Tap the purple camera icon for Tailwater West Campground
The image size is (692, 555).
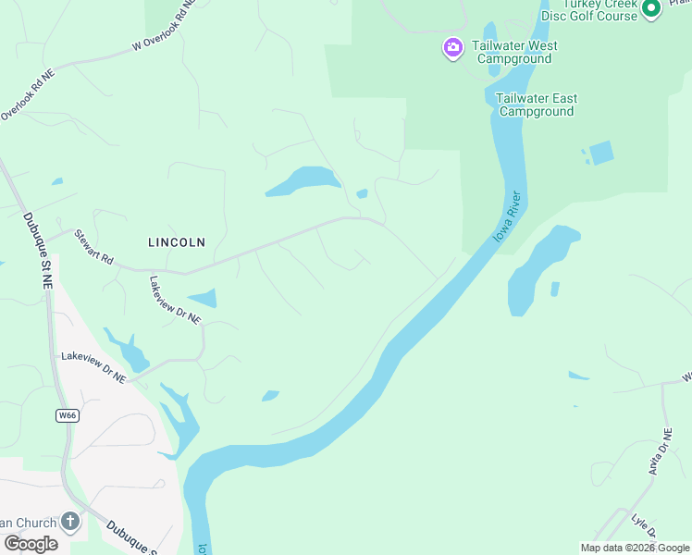click(x=452, y=47)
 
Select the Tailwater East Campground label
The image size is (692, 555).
click(x=536, y=105)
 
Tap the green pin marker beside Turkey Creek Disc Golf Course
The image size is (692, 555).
click(x=650, y=8)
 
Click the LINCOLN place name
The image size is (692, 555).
click(x=177, y=242)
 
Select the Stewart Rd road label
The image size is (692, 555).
click(x=93, y=247)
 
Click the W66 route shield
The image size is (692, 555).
click(x=66, y=415)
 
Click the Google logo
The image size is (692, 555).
click(x=30, y=544)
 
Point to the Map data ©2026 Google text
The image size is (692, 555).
click(x=635, y=548)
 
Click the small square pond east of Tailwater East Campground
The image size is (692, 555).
click(x=601, y=153)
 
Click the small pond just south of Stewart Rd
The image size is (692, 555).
click(x=203, y=298)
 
